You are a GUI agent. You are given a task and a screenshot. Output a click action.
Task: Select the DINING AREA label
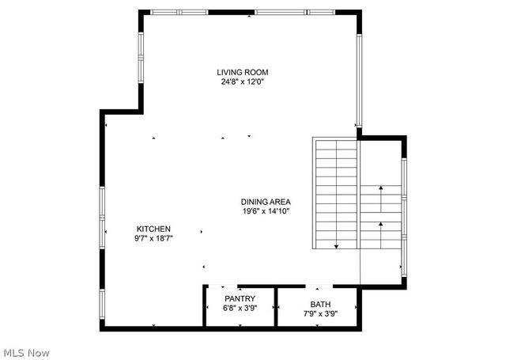click(266, 202)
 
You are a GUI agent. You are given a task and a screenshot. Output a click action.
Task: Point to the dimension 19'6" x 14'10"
click(266, 211)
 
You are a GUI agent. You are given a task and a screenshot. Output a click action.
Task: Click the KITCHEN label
click(153, 229)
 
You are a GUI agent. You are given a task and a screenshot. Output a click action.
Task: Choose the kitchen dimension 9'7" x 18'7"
click(153, 237)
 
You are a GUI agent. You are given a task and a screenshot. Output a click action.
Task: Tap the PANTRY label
click(240, 299)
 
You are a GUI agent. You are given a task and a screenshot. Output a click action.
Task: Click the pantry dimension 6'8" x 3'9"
click(240, 308)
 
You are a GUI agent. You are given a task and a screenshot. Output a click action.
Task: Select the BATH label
click(320, 304)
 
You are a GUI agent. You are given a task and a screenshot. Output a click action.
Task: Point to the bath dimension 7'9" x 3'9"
click(320, 313)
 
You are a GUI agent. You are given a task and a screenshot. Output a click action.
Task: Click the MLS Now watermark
click(27, 351)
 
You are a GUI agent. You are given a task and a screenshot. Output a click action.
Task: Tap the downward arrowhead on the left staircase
click(336, 246)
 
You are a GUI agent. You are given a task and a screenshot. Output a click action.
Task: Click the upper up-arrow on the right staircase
click(381, 189)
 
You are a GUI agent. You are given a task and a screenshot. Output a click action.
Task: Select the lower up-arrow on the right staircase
click(381, 225)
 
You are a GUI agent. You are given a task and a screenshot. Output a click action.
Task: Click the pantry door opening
click(226, 287)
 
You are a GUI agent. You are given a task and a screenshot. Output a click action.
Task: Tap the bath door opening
click(319, 287)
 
